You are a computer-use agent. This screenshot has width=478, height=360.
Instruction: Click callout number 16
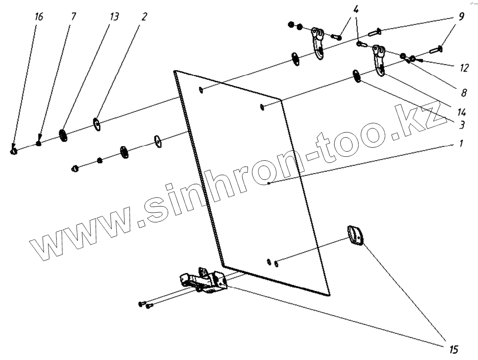click(39, 17)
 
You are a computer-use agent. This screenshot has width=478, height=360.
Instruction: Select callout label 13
click(114, 17)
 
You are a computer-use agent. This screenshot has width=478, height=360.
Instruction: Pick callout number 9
click(461, 17)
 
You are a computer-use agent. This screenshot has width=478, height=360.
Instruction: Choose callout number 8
click(463, 93)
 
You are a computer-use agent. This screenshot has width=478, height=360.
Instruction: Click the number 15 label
click(454, 350)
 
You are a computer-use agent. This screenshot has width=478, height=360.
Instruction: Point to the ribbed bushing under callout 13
click(63, 135)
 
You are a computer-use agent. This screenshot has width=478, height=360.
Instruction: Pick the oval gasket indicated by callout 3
click(357, 77)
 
